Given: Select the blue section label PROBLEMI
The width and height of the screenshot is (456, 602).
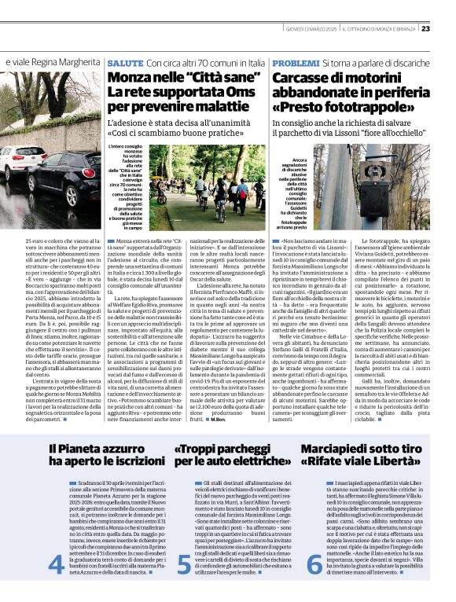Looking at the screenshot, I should [291, 61].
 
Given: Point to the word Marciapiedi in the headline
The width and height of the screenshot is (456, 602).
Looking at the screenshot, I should [327, 449].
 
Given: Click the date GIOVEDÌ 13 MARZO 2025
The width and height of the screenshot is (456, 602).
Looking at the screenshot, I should [318, 29].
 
